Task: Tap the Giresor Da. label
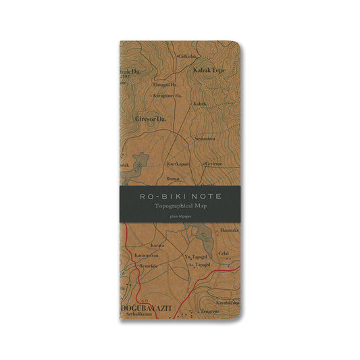[x=151, y=118]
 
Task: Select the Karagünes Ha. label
[x=167, y=95]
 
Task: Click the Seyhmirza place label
[x=205, y=138]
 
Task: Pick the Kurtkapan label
[x=178, y=163]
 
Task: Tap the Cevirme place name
[x=213, y=163]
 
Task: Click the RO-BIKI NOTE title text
[x=180, y=195]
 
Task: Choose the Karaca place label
[x=157, y=246]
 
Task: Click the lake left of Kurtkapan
[x=140, y=162]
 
